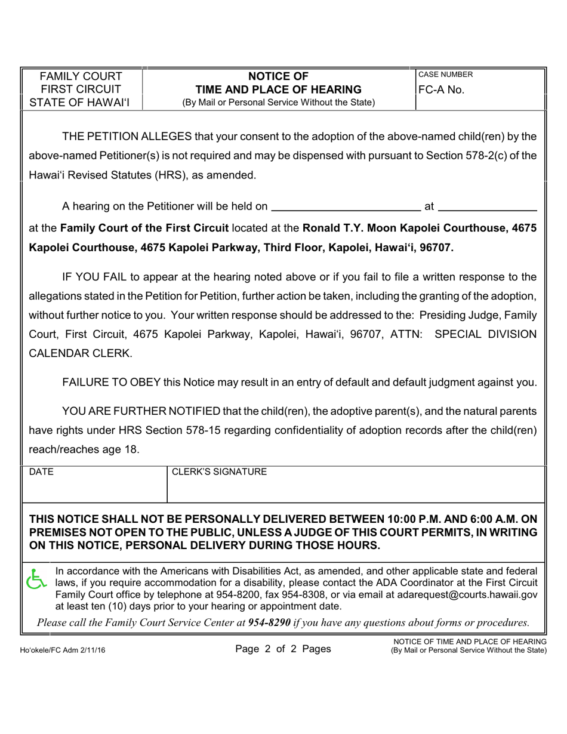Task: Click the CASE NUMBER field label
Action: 445,75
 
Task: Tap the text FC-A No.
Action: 441,90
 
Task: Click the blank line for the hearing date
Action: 346,207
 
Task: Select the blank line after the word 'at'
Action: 487,207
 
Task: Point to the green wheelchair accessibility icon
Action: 37,579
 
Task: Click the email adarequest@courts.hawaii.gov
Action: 474,594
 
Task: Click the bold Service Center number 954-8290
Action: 269,622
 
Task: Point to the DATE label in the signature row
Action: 41,472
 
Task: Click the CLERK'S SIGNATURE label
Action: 219,472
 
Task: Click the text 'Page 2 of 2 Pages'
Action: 283,649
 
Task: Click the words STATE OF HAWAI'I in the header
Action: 79,103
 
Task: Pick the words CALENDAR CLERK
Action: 80,353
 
